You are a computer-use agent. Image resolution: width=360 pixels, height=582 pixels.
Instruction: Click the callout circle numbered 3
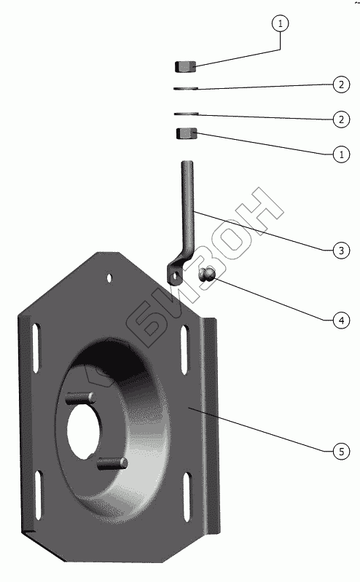click(x=341, y=251)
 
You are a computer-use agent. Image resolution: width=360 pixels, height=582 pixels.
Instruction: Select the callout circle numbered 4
click(x=341, y=321)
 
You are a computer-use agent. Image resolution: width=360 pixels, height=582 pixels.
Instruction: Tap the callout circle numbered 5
click(x=341, y=452)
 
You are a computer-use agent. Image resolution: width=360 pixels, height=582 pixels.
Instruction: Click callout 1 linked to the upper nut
click(x=280, y=23)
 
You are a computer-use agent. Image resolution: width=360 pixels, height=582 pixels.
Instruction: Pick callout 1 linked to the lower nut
click(x=341, y=154)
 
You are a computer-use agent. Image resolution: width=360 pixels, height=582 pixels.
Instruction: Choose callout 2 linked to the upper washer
click(x=341, y=84)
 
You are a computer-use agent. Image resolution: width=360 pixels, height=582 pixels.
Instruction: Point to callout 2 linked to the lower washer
click(x=341, y=119)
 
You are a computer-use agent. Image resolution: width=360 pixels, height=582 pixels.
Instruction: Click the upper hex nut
click(x=185, y=67)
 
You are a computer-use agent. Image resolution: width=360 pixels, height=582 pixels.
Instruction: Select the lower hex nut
click(x=187, y=133)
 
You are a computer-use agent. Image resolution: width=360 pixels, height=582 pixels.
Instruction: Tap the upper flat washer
click(x=186, y=88)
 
